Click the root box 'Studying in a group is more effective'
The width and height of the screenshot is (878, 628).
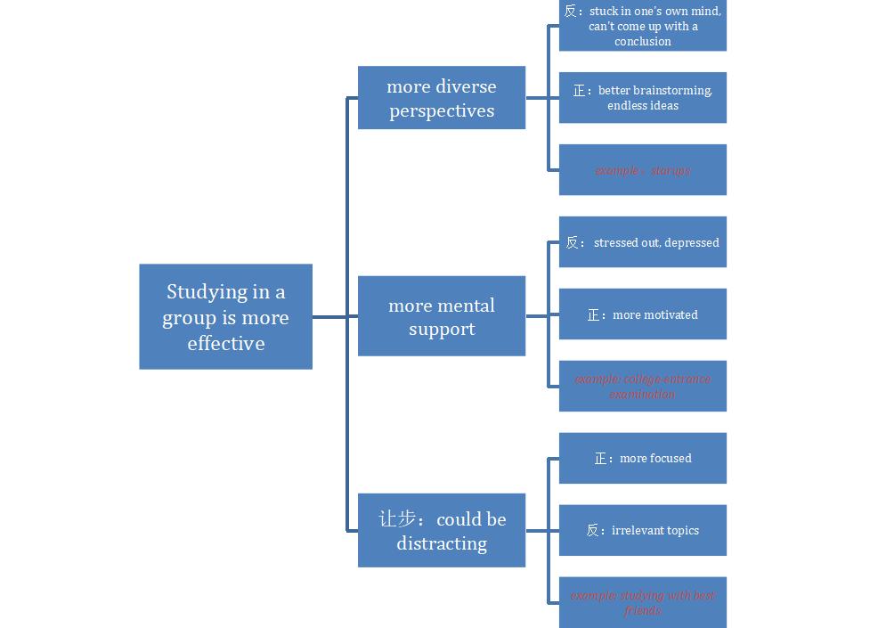click(x=225, y=316)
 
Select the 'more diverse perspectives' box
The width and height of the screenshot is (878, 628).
click(x=442, y=98)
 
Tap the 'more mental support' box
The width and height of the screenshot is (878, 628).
click(x=442, y=316)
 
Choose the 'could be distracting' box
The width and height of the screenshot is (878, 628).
click(x=442, y=531)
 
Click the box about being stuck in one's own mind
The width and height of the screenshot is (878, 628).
click(x=643, y=26)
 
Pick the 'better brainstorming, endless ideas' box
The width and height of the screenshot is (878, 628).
click(x=643, y=98)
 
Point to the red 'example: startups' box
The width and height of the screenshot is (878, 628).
click(x=643, y=170)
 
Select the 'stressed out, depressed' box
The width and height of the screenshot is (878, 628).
click(x=643, y=242)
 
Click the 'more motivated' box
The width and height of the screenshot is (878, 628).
click(x=643, y=314)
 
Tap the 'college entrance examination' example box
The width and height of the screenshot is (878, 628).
click(x=643, y=387)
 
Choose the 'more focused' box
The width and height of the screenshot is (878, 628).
click(x=643, y=459)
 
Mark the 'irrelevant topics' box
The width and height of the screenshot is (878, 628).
click(x=643, y=531)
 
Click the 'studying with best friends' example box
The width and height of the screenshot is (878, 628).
click(x=643, y=603)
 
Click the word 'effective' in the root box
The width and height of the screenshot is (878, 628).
click(x=226, y=343)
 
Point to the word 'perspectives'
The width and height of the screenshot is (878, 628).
click(x=442, y=111)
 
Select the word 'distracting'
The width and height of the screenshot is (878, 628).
click(x=442, y=543)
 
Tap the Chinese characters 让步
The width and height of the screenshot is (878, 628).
click(x=397, y=519)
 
